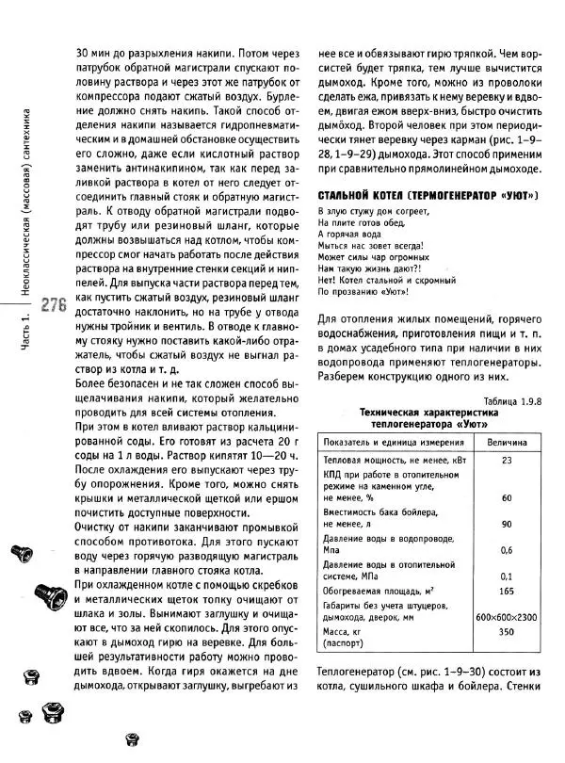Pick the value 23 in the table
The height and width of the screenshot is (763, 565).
point(507,461)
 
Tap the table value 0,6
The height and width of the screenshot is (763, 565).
point(507,550)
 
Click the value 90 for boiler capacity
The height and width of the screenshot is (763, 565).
point(507,524)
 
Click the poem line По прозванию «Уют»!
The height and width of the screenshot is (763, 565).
point(363,292)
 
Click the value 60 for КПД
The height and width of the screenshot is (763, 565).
point(507,497)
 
